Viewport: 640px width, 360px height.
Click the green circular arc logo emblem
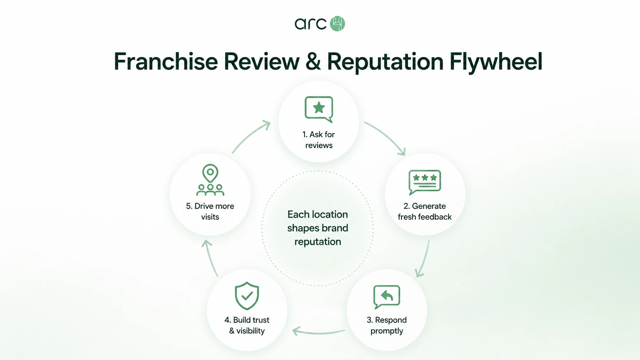point(338,24)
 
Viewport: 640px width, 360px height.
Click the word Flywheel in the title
point(496,62)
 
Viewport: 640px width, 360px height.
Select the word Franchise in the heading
point(166,61)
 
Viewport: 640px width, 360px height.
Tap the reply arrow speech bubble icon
point(387,297)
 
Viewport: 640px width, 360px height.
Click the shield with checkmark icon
point(247,296)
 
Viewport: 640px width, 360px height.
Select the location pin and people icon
point(210,180)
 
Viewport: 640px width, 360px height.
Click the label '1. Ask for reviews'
point(319,140)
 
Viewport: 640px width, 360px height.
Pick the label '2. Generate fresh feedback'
point(425,212)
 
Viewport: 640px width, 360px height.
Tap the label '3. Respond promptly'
point(387,326)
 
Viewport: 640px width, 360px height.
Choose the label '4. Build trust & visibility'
point(247,326)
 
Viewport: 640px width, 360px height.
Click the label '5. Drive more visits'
point(210,212)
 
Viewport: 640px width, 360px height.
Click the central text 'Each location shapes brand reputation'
point(318,228)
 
